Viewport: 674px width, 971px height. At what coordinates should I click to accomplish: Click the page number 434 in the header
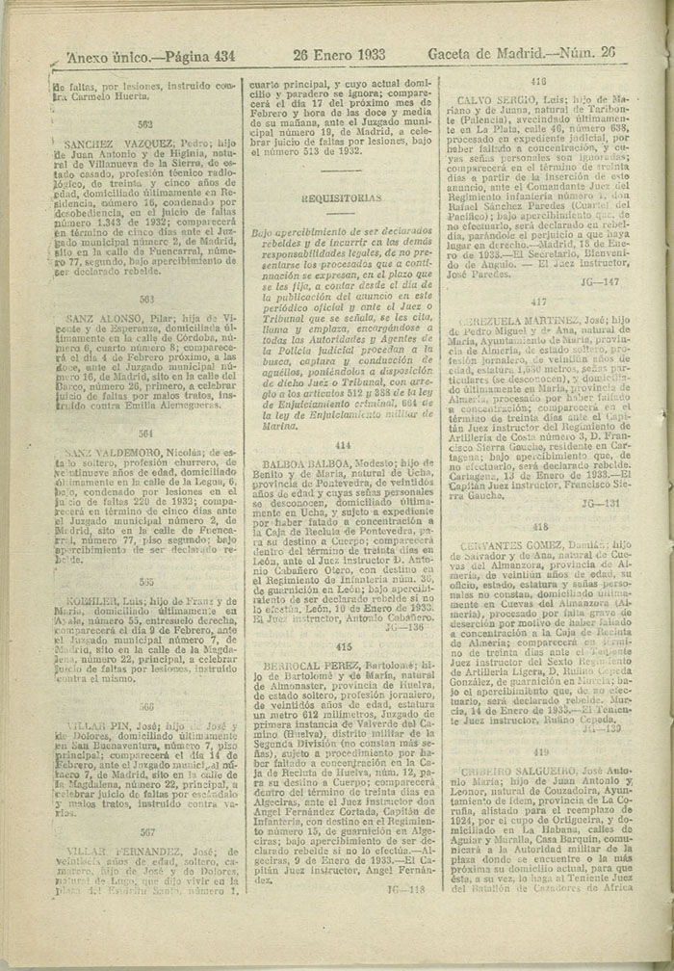(220, 57)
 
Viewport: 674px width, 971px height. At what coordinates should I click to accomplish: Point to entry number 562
(145, 124)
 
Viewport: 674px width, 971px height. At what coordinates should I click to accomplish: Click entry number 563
(145, 299)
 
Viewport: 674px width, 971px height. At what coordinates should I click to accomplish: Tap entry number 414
(343, 446)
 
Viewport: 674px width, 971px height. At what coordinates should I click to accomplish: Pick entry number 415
(343, 647)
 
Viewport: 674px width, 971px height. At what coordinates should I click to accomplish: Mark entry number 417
(538, 302)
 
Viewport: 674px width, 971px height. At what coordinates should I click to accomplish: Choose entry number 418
(539, 527)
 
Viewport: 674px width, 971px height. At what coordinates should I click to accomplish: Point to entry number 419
(540, 724)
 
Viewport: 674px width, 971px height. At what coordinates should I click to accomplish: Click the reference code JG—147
(600, 281)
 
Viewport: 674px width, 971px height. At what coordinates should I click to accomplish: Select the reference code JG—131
(600, 503)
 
